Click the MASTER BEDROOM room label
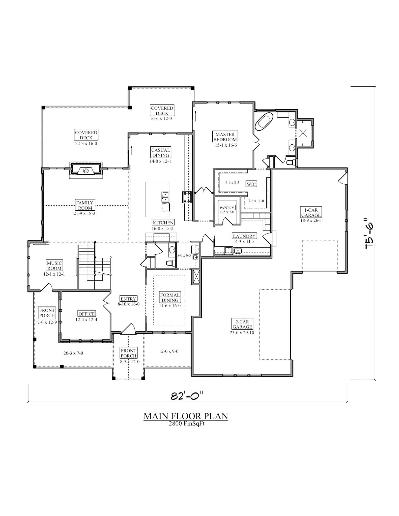pos(225,137)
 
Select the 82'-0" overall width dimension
pos(187,396)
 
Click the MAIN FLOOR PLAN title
pos(186,416)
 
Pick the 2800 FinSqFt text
pos(187,424)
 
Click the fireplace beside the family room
pos(86,171)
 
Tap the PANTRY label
pos(227,208)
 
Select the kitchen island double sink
pos(165,197)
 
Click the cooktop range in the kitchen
pos(187,197)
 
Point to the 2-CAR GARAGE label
pos(242,324)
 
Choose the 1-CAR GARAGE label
pos(311,212)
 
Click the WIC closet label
pos(251,184)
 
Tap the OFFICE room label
pos(87,314)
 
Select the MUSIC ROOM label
pos(54,266)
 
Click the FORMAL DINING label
pos(170,298)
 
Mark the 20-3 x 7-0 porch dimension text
pos(73,353)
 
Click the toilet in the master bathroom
pos(292,162)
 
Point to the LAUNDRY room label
pos(244,236)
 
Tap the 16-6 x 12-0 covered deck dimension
pos(161,118)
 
